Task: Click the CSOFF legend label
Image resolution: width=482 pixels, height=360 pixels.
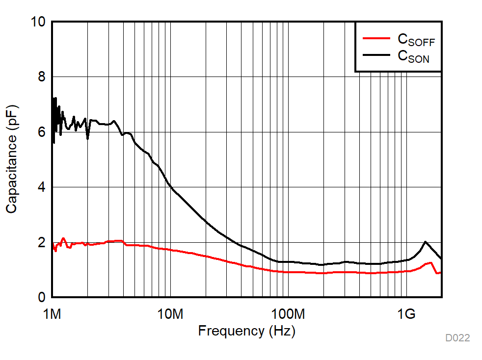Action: click(x=416, y=40)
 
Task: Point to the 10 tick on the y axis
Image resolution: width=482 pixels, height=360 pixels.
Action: click(x=38, y=22)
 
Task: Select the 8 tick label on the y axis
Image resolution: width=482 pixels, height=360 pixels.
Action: click(x=42, y=77)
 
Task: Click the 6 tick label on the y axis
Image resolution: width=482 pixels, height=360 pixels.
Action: click(x=42, y=132)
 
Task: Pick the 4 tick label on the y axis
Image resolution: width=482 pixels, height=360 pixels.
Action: click(x=42, y=187)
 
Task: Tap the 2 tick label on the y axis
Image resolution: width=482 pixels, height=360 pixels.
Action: click(x=42, y=243)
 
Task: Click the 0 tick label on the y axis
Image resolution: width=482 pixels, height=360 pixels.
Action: click(x=42, y=297)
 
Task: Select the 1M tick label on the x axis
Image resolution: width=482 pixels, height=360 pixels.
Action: click(x=52, y=313)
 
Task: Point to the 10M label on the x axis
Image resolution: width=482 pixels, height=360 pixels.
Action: click(x=170, y=313)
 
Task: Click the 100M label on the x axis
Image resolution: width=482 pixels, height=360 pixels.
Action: click(x=288, y=313)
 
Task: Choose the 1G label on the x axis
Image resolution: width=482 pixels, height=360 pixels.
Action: click(x=406, y=313)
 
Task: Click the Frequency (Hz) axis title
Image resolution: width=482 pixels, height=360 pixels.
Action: click(x=246, y=331)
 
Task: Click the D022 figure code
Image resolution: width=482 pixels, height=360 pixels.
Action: click(x=457, y=338)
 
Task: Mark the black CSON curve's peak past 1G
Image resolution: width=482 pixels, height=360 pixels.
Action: click(x=425, y=242)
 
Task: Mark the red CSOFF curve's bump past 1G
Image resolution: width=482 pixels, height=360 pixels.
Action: click(x=430, y=263)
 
